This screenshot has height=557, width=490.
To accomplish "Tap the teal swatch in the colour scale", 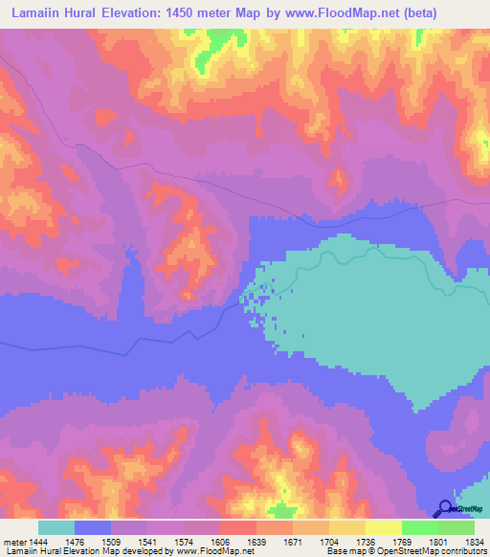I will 56,527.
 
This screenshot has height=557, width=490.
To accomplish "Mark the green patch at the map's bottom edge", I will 280,511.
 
